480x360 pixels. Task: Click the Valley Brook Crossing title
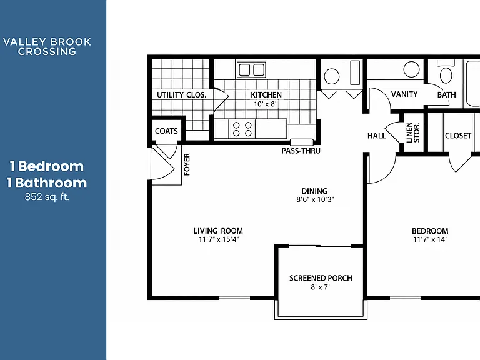[x=47, y=46]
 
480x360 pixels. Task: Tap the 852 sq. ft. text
[x=47, y=196]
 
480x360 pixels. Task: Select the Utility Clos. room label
[x=181, y=95]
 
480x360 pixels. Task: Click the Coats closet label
[x=166, y=131]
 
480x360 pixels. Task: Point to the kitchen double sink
[x=252, y=70]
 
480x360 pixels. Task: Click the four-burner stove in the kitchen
[x=242, y=129]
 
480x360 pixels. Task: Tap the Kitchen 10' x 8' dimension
[x=266, y=104]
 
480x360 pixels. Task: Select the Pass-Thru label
[x=301, y=151]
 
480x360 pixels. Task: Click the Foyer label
[x=187, y=164]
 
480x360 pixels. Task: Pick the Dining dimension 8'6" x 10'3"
[x=315, y=199]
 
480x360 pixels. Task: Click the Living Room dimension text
[x=219, y=239]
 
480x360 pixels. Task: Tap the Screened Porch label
[x=321, y=278]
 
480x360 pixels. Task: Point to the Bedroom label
[x=430, y=231]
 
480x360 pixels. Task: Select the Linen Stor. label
[x=413, y=132]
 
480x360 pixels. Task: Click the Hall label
[x=376, y=136]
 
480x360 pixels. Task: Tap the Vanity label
[x=404, y=94]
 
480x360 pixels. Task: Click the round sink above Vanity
[x=411, y=69]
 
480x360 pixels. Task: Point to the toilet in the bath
[x=446, y=72]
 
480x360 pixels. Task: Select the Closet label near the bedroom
[x=458, y=136]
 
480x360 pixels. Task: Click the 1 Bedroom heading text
[x=47, y=166]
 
